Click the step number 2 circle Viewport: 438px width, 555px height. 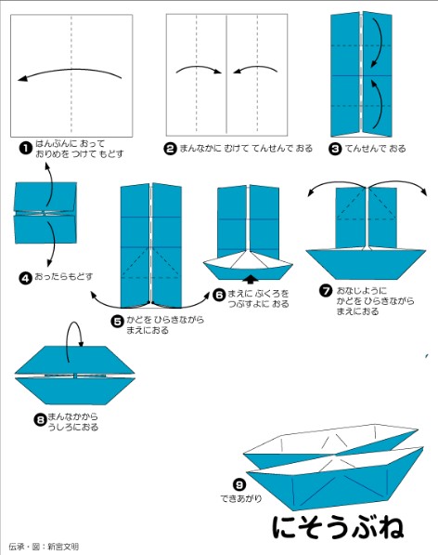(x=171, y=148)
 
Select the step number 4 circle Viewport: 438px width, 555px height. (x=25, y=276)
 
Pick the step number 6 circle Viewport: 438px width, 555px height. (x=219, y=295)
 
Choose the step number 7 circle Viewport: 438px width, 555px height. (x=326, y=291)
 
